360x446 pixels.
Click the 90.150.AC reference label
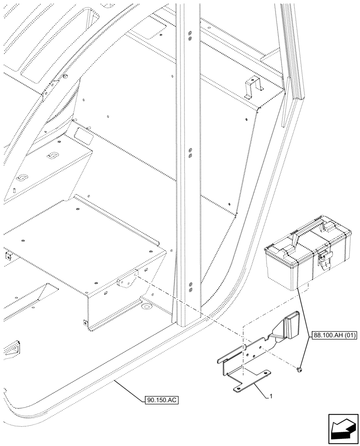161,400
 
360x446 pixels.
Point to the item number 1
271,395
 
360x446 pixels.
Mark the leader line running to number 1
258,389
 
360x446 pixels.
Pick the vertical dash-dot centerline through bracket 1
243,352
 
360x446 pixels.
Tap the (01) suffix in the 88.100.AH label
348,335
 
